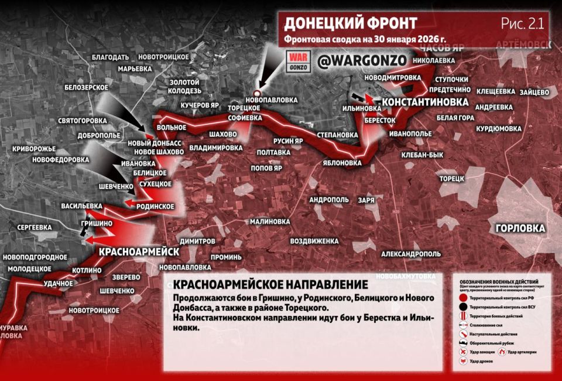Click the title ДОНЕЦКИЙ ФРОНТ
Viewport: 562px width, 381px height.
(x=350, y=23)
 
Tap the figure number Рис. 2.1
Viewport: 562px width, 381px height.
(x=523, y=23)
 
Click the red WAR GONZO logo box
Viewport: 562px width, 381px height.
(x=297, y=61)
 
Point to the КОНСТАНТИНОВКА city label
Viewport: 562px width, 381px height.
(x=424, y=102)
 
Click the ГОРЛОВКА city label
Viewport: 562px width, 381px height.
(x=520, y=228)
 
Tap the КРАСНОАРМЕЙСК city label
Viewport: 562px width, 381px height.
(x=139, y=251)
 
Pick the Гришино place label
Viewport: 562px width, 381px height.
(x=97, y=223)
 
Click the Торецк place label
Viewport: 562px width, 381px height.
(x=451, y=178)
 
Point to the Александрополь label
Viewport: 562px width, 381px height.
(x=410, y=254)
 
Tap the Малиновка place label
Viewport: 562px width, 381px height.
(x=269, y=222)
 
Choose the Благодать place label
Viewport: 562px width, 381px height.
(x=110, y=57)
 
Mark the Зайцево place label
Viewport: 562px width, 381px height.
(x=533, y=91)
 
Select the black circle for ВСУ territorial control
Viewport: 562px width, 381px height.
(x=463, y=305)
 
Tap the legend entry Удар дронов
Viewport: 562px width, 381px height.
(x=462, y=362)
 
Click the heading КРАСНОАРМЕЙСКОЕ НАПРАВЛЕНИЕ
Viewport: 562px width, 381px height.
(x=270, y=285)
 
